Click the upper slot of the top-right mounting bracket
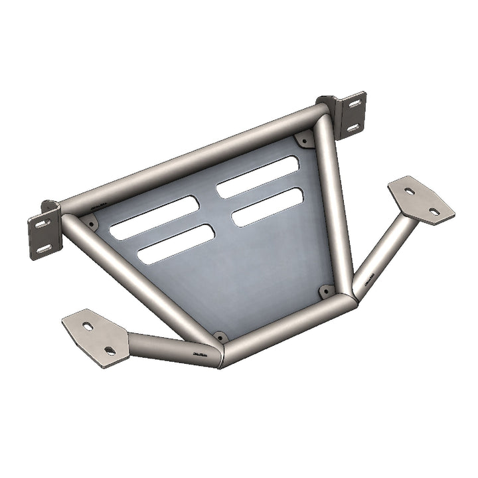[354, 104]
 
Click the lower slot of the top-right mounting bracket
[354, 126]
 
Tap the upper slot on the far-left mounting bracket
[42, 224]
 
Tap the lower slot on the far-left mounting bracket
[44, 248]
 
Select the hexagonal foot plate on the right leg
[422, 200]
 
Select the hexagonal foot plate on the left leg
[96, 337]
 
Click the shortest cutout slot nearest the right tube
[268, 207]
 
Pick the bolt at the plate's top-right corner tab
[303, 140]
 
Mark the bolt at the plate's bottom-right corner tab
[327, 291]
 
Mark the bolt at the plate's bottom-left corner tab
[220, 337]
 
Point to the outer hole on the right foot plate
[434, 211]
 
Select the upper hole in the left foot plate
[88, 327]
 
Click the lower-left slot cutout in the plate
[176, 244]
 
